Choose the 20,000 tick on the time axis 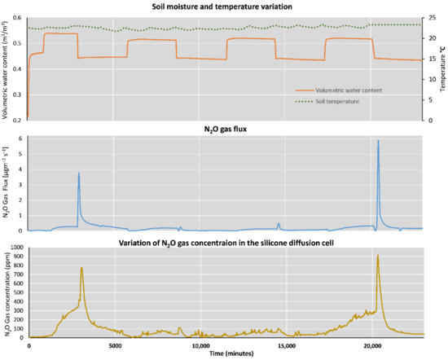(372, 345)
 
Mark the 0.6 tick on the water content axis (20, 18)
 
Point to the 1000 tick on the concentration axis (16, 247)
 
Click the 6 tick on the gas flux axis (22, 138)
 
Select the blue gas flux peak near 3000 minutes (79, 173)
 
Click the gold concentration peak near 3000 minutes (81, 268)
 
